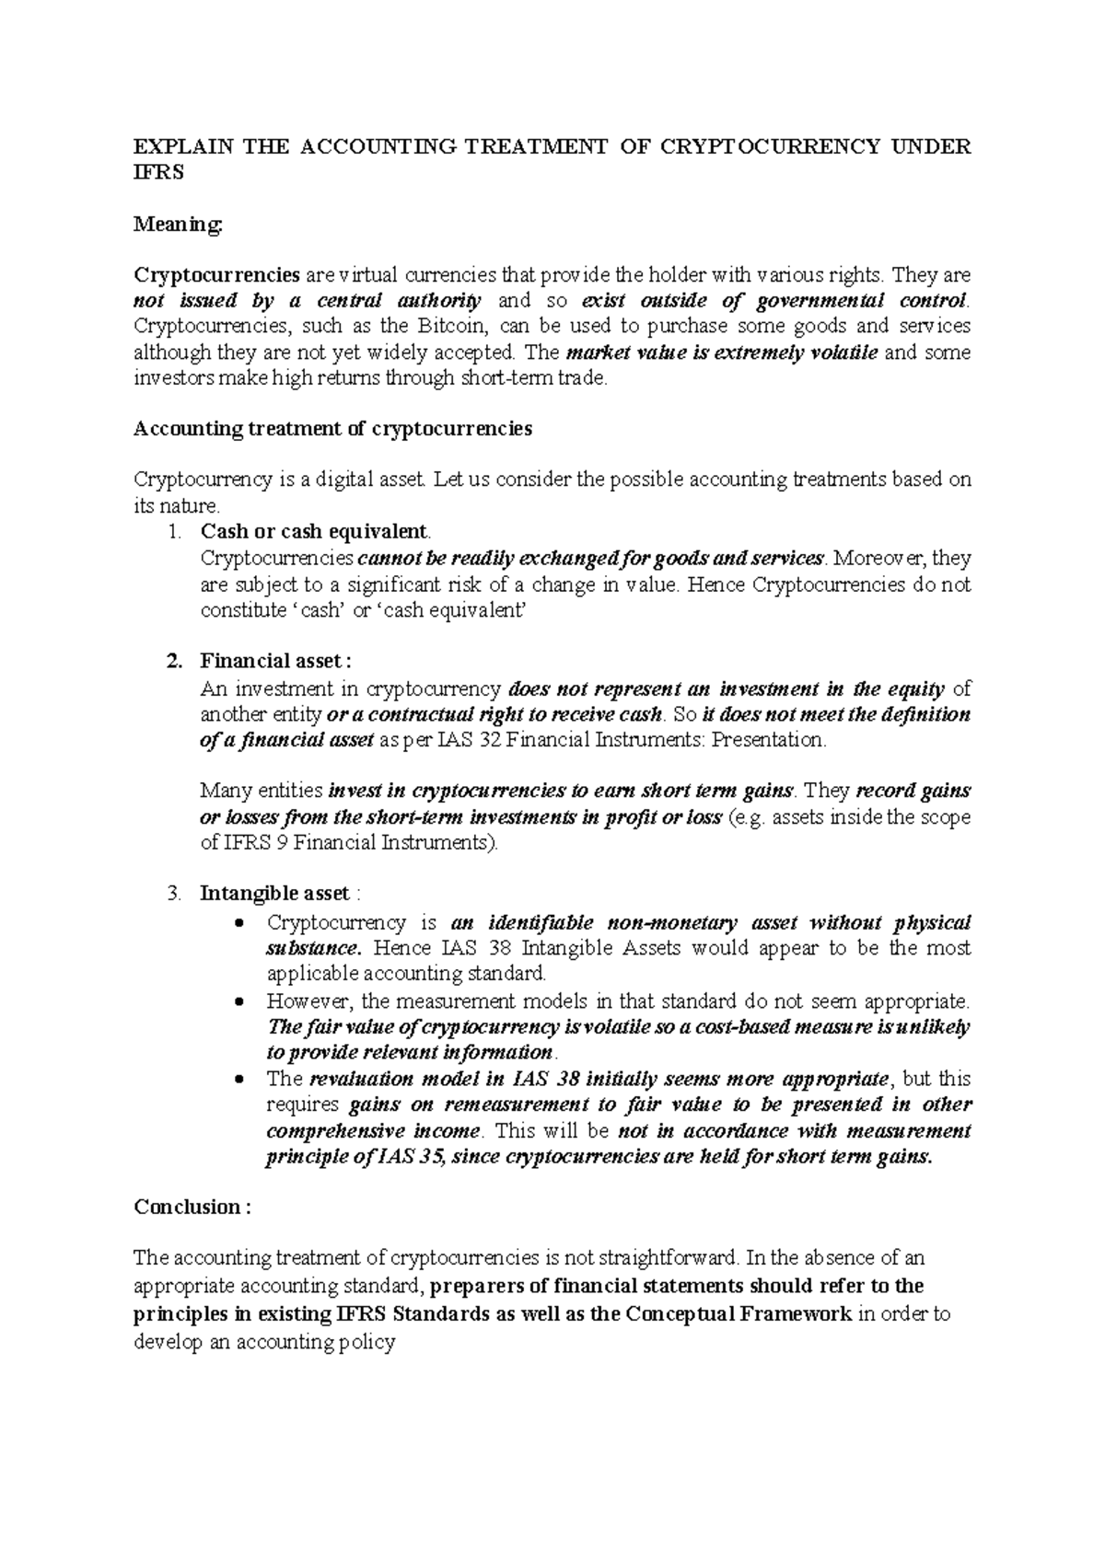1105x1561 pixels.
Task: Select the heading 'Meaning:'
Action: (178, 224)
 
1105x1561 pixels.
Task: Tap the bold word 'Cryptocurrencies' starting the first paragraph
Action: (217, 275)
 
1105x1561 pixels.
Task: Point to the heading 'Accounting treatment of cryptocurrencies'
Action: (332, 429)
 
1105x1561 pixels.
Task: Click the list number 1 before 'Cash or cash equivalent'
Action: (176, 532)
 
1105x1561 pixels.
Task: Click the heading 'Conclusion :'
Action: (192, 1208)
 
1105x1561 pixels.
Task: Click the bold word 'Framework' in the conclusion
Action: (807, 1314)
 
